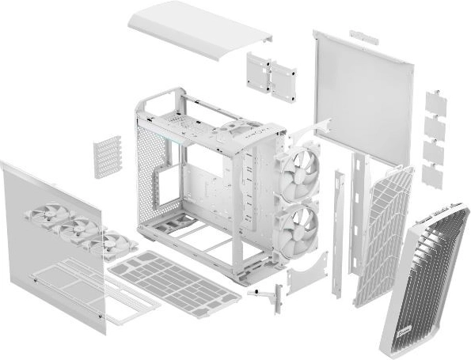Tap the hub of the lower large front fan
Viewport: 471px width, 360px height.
302,224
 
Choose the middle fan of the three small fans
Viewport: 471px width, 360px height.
80,229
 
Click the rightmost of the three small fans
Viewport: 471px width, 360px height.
112,243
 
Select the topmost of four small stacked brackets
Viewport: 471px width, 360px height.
435,102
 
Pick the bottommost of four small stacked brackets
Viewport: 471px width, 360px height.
433,175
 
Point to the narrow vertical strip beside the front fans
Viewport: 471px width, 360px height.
339,229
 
